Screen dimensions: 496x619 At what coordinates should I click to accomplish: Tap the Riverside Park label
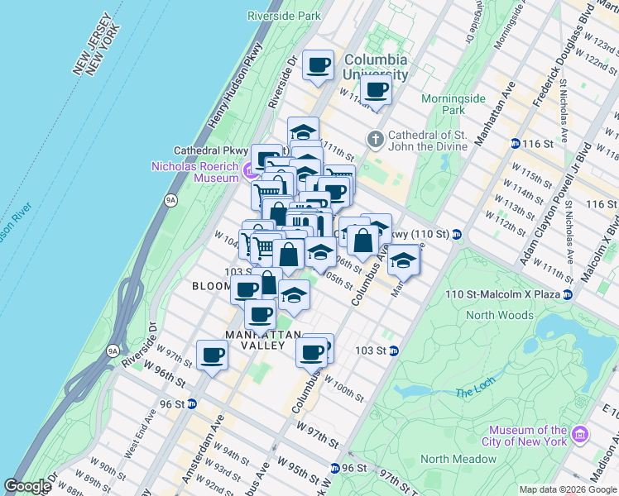click(284, 15)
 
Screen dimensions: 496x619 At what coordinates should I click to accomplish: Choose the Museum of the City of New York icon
click(579, 435)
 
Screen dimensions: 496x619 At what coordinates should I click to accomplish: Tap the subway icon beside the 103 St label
click(395, 351)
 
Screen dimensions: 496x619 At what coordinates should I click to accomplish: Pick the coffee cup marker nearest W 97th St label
click(212, 355)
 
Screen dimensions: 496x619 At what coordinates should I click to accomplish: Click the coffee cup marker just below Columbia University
click(376, 90)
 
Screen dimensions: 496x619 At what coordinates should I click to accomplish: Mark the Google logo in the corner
click(27, 486)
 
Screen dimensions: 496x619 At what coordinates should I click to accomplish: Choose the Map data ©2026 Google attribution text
click(568, 489)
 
